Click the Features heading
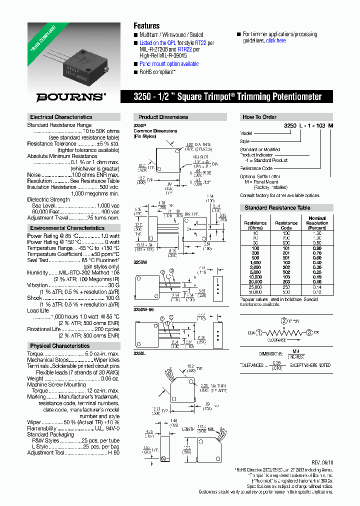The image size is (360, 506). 146,25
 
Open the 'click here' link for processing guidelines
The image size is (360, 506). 276,40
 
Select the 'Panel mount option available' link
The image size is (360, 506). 169,64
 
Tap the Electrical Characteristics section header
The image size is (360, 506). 61,117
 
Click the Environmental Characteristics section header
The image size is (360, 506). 67,228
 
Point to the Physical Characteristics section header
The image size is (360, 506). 59,346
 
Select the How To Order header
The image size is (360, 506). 259,117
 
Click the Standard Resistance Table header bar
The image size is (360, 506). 277,207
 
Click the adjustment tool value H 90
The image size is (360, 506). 114,453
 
